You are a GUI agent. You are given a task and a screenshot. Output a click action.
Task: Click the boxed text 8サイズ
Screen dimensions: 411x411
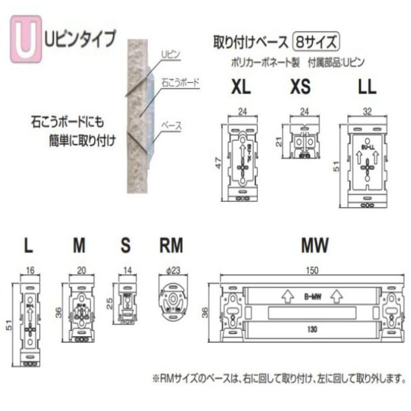[317, 42]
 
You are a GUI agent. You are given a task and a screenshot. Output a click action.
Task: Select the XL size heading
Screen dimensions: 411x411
[241, 88]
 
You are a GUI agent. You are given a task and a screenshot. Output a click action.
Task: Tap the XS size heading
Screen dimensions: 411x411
[300, 88]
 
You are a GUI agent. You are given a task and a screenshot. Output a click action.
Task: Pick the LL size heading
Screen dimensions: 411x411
[367, 88]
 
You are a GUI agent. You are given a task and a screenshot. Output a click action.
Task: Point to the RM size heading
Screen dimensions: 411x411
[171, 244]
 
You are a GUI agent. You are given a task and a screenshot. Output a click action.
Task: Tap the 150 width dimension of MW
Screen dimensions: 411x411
[312, 271]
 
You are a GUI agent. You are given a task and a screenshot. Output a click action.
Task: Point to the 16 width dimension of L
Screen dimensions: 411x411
[30, 271]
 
